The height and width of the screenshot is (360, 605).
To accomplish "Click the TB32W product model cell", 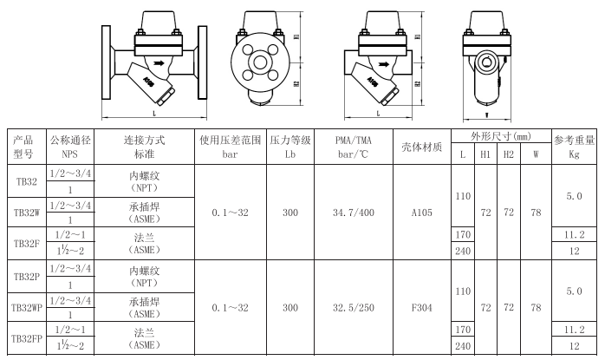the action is click(x=27, y=213).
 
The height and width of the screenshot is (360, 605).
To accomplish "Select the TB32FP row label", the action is click(x=27, y=339).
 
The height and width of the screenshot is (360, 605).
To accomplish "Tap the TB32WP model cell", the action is click(x=27, y=308).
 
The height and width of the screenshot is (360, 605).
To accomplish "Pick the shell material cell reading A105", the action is click(x=422, y=213).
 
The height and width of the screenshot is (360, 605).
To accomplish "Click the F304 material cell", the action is click(x=422, y=308).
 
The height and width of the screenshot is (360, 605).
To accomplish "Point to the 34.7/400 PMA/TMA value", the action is click(x=354, y=213).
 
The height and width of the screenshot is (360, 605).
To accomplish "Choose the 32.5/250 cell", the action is click(x=354, y=308).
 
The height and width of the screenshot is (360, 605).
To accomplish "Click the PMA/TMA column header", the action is click(x=354, y=147).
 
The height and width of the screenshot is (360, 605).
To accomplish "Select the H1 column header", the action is click(x=485, y=154).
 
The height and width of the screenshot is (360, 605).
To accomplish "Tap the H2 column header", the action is click(x=509, y=154).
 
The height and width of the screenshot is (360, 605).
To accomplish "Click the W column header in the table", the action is click(x=536, y=154).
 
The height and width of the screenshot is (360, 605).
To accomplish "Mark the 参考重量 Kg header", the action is click(x=574, y=147).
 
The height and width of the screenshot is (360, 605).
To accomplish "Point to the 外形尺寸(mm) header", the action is click(x=501, y=136).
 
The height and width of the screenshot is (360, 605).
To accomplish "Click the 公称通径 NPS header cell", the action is click(x=70, y=147).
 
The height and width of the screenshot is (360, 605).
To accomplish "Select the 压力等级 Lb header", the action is click(x=290, y=147).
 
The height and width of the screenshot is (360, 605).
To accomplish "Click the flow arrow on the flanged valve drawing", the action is click(x=159, y=63).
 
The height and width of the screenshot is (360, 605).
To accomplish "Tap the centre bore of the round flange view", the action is click(x=260, y=62).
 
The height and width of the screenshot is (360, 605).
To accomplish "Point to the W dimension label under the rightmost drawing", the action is click(x=487, y=115).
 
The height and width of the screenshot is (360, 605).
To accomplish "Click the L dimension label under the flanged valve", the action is click(x=154, y=114).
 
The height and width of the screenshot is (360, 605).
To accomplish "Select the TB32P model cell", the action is click(x=27, y=277).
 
